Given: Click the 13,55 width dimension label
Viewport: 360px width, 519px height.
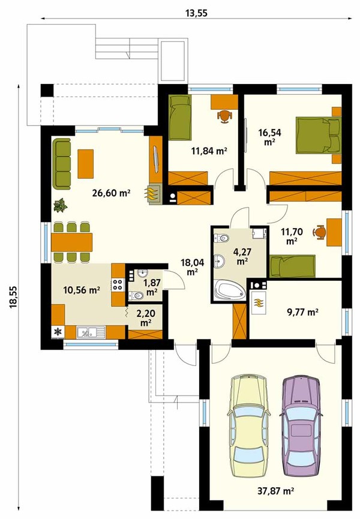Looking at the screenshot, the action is coord(196,13).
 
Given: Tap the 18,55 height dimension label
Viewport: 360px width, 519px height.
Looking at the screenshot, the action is coord(13,298).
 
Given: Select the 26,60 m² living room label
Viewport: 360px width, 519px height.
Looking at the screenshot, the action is coord(111,193).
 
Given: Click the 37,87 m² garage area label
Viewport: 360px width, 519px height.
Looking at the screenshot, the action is coord(276,491).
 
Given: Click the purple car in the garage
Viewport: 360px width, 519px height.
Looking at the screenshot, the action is coord(301,425).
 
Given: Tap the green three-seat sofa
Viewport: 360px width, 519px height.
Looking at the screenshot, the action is coord(62,164).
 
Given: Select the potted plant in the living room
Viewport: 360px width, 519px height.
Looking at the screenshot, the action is coord(61,205).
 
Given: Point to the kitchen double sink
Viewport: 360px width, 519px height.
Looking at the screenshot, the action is coord(91,332).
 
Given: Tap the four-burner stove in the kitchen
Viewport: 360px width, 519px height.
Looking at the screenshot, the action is coord(118,284).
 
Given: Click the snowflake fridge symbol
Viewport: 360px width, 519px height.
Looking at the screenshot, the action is coord(58,332).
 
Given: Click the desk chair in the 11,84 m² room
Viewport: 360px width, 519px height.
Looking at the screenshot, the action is coord(224,116).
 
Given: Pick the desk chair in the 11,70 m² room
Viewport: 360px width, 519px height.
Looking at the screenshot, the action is coord(319,232).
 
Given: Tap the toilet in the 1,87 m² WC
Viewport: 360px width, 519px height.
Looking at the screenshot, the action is coord(136,295).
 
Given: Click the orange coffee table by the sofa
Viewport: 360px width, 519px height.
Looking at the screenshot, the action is coord(86,164).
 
